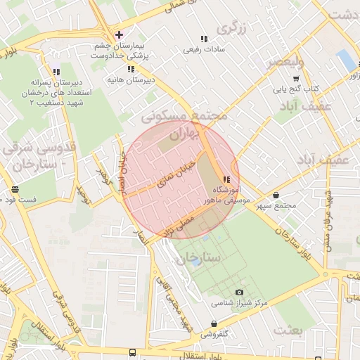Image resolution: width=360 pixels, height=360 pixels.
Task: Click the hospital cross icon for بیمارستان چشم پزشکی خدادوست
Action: pos(118,34)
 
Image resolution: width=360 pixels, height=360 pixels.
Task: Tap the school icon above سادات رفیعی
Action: pos(204,39)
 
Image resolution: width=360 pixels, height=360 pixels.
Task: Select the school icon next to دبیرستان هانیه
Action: pos(130,69)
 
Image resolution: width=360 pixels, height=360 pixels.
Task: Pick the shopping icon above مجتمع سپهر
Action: pos(275,195)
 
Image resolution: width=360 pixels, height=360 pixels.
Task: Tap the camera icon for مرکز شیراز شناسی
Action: pos(239,292)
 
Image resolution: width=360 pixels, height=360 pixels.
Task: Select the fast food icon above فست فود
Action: pos(15,189)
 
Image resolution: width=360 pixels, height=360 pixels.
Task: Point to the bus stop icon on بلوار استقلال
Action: pos(133,352)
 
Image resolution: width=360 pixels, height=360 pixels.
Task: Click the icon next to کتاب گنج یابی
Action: pos(275,89)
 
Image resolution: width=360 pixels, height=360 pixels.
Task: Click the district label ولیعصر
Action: pos(285,62)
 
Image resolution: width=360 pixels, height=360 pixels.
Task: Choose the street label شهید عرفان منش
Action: pos(328,219)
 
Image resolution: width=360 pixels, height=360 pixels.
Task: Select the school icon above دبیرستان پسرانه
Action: pos(56,71)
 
